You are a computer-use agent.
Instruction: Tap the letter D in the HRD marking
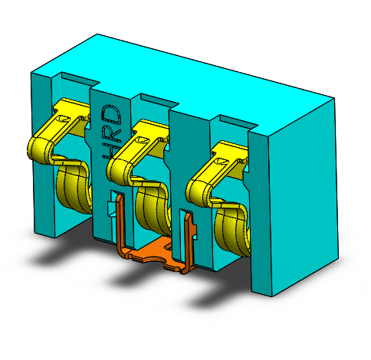pos(111,114)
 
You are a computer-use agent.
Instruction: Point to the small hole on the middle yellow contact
pos(140,140)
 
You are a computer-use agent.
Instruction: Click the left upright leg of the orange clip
pos(120,222)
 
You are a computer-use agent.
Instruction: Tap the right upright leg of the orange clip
pos(186,241)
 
